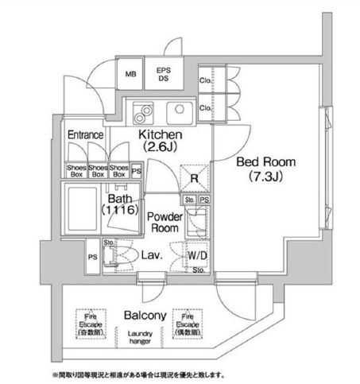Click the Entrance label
[85, 135]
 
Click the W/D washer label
[198, 255]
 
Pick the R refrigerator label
[195, 179]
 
